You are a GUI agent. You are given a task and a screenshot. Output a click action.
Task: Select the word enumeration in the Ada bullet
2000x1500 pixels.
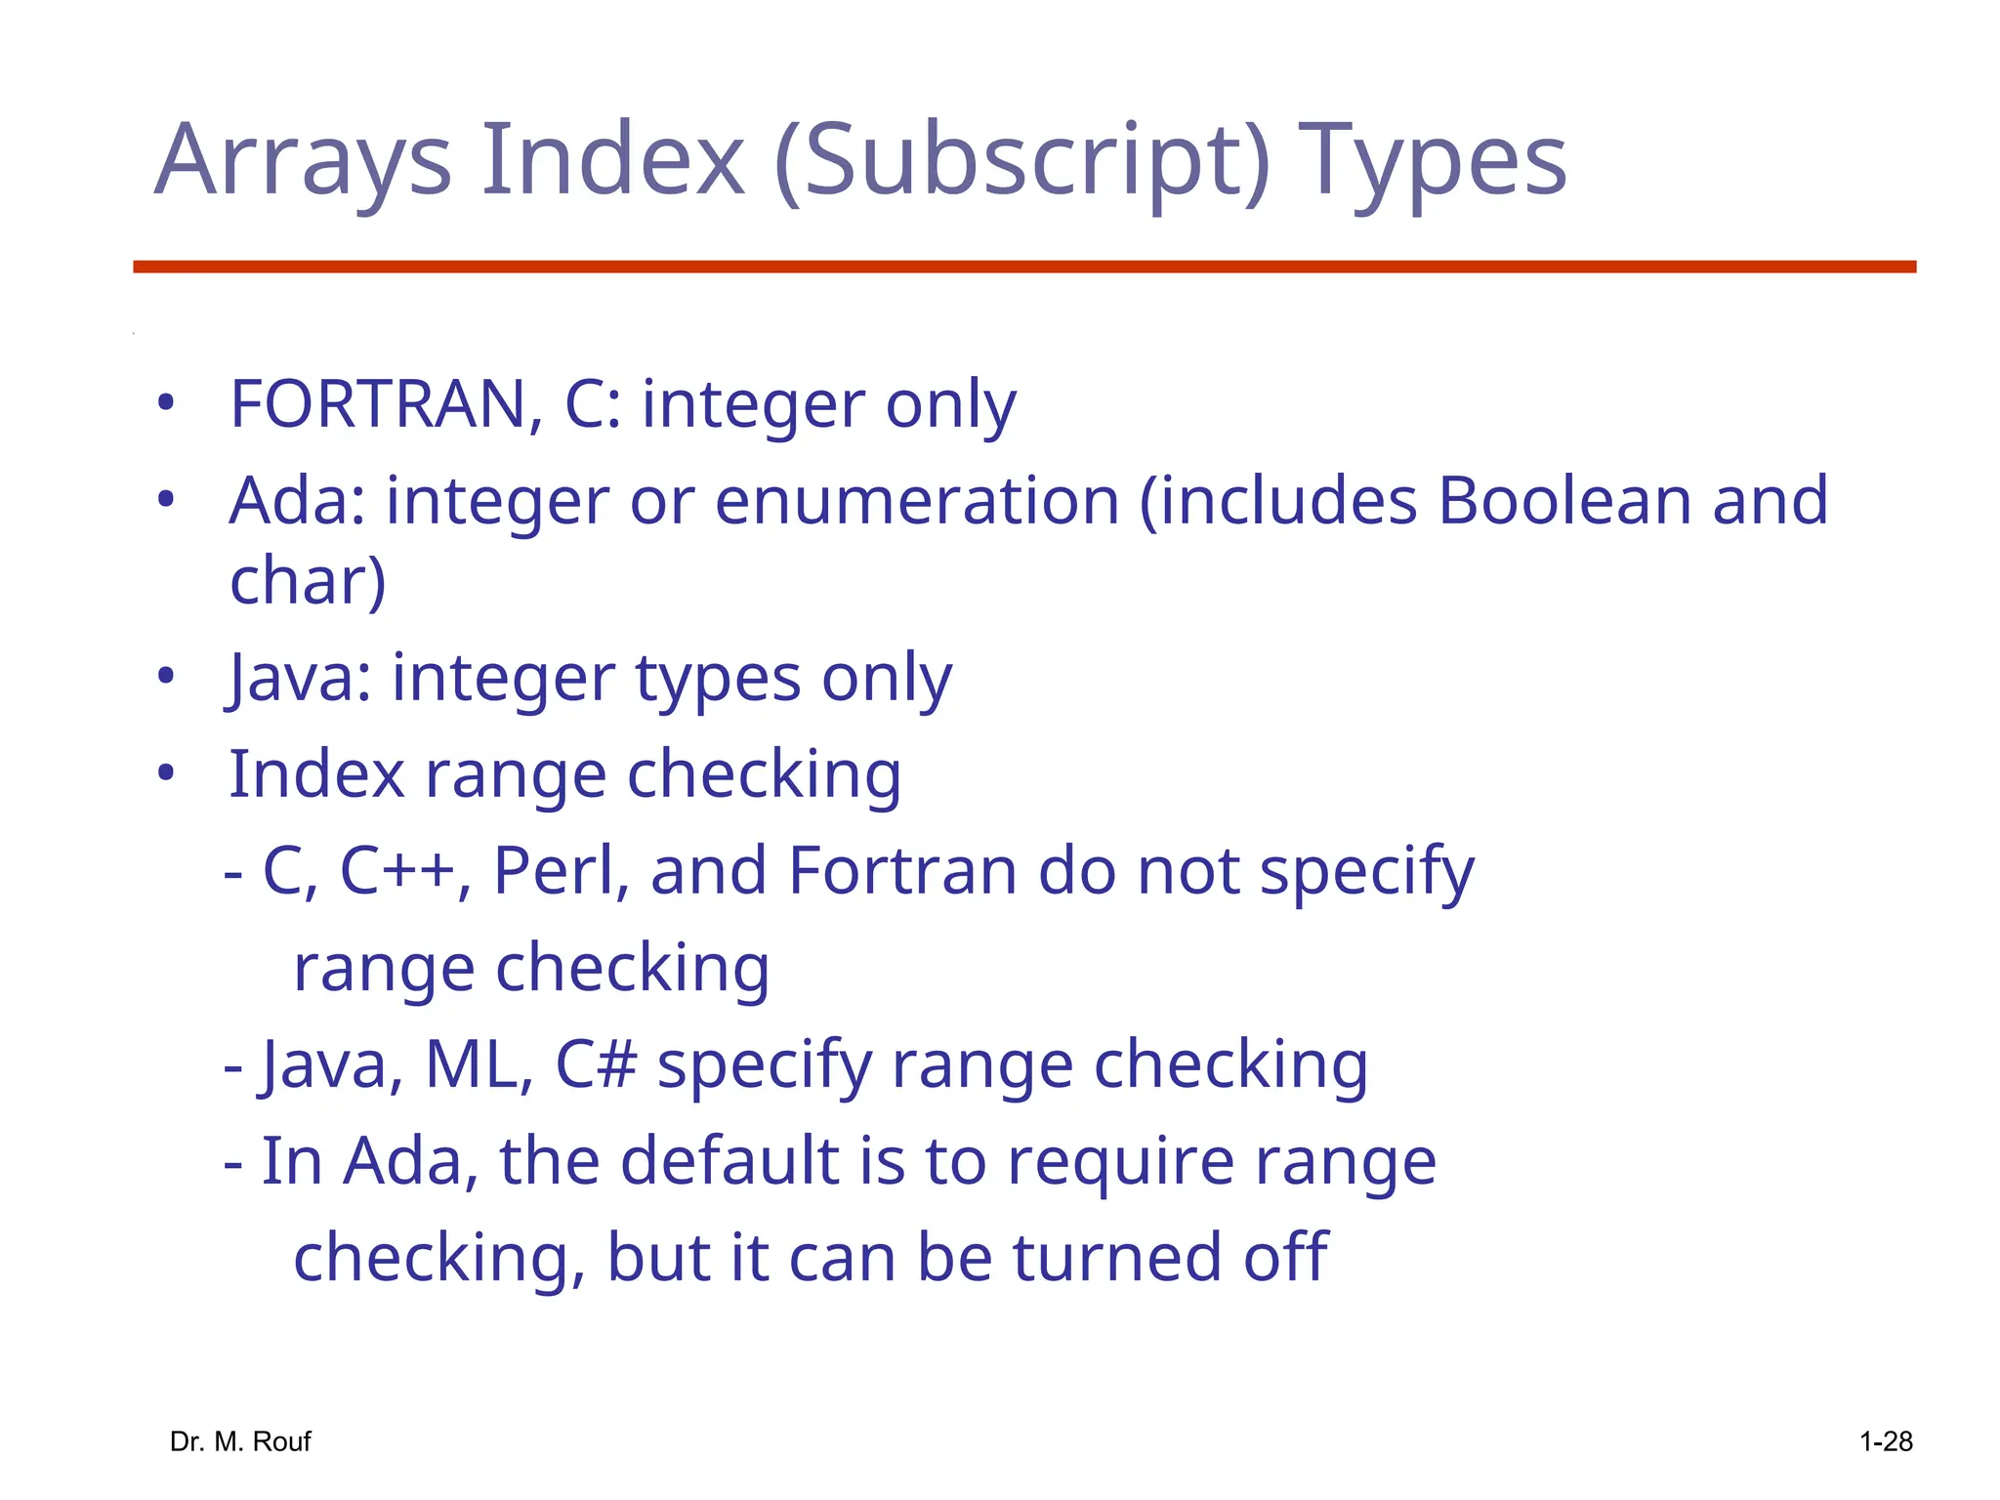917,500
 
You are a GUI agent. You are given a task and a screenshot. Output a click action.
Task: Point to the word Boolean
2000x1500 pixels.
1563,500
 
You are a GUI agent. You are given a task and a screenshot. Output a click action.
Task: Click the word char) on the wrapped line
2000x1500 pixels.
308,580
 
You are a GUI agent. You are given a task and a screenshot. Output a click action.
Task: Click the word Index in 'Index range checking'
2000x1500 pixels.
315,773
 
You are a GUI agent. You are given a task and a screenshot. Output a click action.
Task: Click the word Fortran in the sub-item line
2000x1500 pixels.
901,870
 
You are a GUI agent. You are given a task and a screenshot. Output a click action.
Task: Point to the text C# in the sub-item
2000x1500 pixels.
596,1063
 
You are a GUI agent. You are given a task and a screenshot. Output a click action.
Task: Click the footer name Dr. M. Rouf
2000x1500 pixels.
240,1441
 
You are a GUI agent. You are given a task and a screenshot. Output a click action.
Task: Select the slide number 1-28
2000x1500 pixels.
1885,1441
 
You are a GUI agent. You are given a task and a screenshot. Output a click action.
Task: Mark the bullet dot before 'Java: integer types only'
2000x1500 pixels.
166,676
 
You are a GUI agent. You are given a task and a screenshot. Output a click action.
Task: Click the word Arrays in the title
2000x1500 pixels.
304,161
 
